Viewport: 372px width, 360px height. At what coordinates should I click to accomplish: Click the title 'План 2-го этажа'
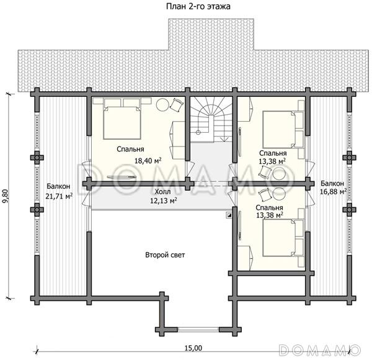point(198,6)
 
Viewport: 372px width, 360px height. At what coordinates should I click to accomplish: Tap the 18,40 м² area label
point(148,161)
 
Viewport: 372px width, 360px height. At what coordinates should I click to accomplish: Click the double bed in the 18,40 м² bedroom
point(122,122)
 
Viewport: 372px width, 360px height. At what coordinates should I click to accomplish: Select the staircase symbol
point(211,119)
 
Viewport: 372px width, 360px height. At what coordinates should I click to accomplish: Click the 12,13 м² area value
point(164,200)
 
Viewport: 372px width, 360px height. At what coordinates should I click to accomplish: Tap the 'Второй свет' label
point(165,255)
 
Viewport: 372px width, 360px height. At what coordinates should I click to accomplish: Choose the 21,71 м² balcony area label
point(59,196)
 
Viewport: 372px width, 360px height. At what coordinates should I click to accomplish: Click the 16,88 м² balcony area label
point(333,191)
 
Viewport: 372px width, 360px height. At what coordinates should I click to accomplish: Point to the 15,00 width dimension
point(193,348)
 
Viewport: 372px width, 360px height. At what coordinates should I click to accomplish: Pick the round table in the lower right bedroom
point(280,194)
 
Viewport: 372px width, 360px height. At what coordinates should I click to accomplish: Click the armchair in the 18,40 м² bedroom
point(177,105)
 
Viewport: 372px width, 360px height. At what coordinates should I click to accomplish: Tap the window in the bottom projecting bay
point(198,330)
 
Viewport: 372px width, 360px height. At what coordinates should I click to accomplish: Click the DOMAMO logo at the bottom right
point(320,349)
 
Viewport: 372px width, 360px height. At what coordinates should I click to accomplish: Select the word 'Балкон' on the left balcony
point(58,186)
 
